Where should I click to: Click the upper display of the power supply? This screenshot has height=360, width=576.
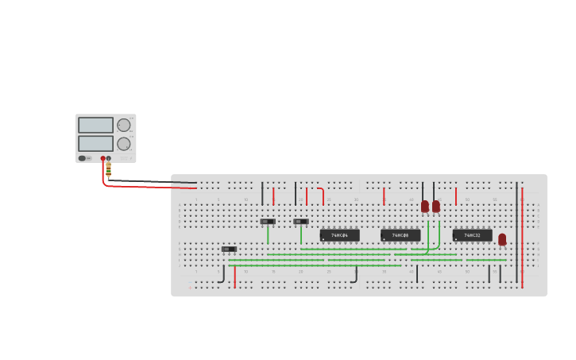click(95, 125)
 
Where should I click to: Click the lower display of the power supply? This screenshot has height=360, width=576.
click(95, 144)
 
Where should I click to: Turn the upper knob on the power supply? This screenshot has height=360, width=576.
click(124, 125)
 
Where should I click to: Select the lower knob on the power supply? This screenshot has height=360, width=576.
click(124, 144)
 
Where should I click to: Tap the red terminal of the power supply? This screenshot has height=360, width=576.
click(103, 158)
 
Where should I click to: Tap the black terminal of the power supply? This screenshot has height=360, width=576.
click(109, 158)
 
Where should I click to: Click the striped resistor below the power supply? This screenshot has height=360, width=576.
click(108, 168)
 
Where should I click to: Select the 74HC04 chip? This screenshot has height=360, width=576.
click(339, 235)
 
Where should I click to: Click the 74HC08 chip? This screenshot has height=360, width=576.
click(400, 235)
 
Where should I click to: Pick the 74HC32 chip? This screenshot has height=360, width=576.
click(472, 235)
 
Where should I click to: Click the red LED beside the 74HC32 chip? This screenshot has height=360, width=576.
click(502, 238)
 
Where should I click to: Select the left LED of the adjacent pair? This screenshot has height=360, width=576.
click(425, 206)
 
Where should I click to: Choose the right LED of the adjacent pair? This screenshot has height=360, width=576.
click(436, 206)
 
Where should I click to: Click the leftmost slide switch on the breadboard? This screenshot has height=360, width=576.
click(229, 249)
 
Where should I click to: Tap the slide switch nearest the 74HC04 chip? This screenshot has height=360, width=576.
click(301, 221)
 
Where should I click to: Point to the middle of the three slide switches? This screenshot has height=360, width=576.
click(269, 221)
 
